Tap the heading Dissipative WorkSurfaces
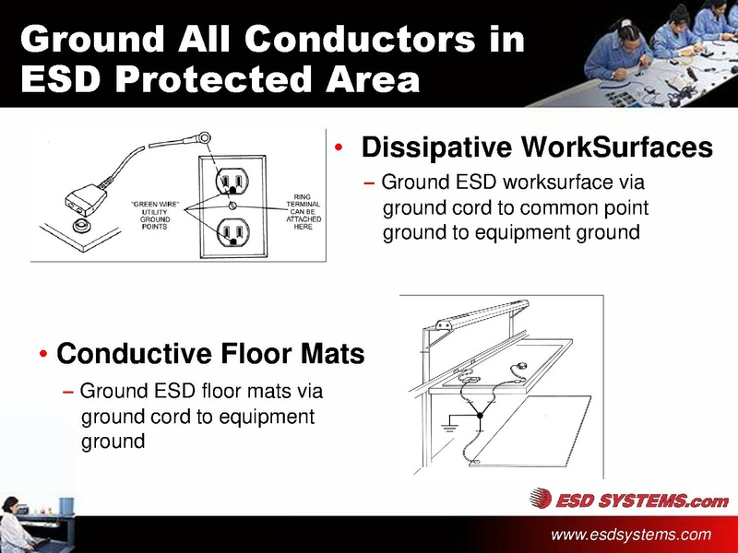click(537, 147)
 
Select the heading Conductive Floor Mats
click(210, 354)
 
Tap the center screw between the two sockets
click(234, 204)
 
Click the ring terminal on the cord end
click(206, 139)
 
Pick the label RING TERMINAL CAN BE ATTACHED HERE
click(303, 212)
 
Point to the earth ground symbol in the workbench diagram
click(449, 427)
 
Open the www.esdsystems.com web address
click(631, 535)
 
